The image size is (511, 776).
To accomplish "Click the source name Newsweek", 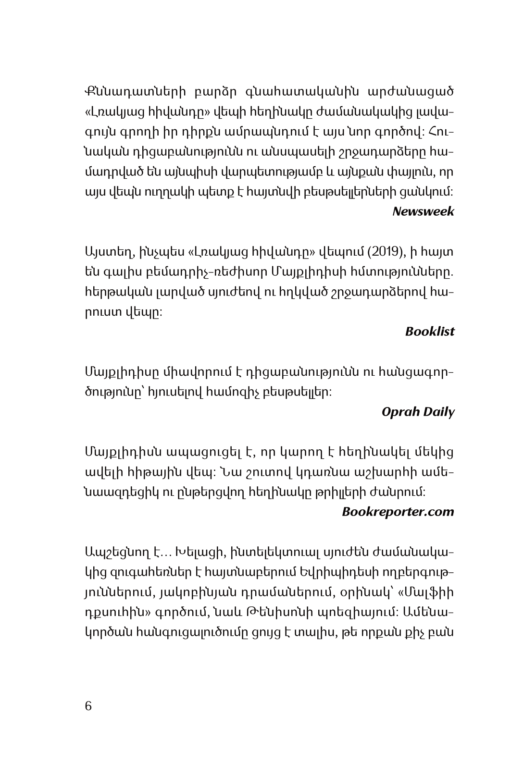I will [x=423, y=211].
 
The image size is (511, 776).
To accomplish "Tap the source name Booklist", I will [x=429, y=332].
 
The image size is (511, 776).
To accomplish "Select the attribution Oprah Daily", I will [x=418, y=412].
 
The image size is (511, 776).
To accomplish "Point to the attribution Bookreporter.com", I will [x=398, y=512].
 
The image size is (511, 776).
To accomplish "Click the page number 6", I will [x=88, y=707].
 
